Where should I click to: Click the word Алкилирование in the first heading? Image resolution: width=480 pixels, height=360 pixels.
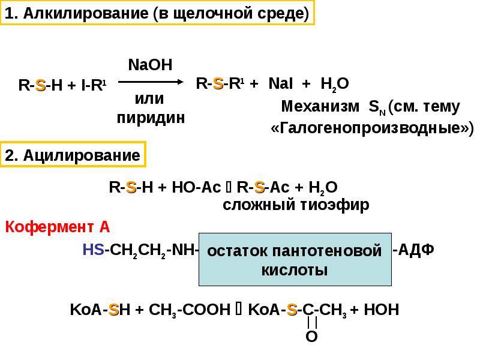[x=86, y=13]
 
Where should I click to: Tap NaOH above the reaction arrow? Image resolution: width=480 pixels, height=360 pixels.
[x=151, y=65]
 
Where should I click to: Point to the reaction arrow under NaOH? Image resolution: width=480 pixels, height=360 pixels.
[x=151, y=82]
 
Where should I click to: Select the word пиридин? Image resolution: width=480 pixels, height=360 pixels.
[x=151, y=118]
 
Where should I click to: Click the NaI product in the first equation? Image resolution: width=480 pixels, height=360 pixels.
[x=280, y=83]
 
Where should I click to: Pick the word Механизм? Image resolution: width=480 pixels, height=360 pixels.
[x=320, y=106]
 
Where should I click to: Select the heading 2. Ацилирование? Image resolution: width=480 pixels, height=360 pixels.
[x=73, y=155]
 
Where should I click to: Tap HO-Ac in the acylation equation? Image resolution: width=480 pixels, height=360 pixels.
[x=196, y=187]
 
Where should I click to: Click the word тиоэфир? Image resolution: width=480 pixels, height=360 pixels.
[x=335, y=205]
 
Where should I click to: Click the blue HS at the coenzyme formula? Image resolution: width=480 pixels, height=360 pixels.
[x=94, y=250]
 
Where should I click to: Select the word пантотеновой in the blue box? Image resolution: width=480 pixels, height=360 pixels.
[x=327, y=251]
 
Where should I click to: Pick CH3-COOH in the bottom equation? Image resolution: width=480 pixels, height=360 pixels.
[x=190, y=310]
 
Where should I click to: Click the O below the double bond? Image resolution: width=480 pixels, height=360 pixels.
[x=311, y=337]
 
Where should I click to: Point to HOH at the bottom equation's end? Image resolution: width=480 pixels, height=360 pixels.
[x=382, y=310]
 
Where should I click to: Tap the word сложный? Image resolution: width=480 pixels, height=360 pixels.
[x=259, y=205]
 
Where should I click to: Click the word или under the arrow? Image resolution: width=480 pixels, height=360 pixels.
[x=149, y=99]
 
